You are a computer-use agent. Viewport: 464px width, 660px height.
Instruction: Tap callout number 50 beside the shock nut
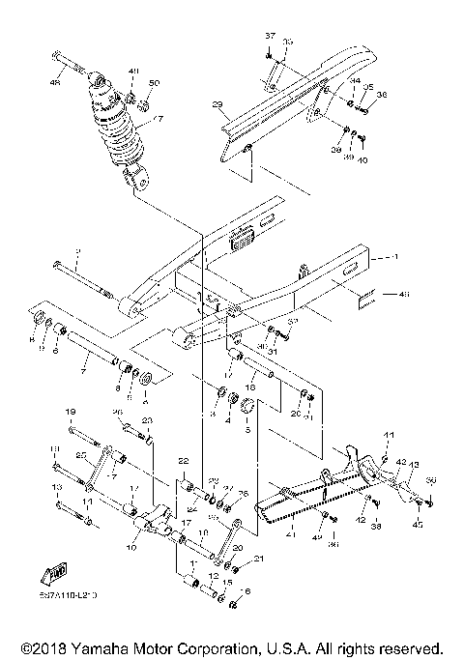coord(154,83)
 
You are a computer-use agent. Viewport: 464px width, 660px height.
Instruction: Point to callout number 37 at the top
coord(271,35)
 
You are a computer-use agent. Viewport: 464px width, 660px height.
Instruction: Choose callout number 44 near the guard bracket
coord(355,81)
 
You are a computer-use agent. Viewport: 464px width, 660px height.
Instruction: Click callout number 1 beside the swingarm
coord(393,259)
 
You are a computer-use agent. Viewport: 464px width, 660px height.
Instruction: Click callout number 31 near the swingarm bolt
coord(273,351)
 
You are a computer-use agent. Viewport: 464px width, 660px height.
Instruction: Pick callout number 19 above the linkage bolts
coord(70,413)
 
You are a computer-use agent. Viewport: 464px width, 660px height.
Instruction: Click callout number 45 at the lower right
coord(419,525)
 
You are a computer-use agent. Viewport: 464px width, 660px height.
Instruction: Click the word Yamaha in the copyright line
coord(94,646)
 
